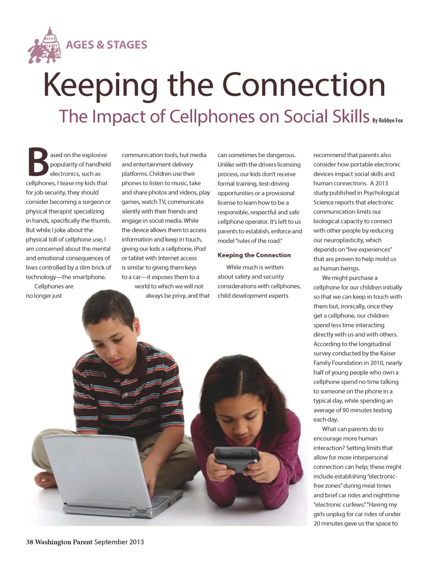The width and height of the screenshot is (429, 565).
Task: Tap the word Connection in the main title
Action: [x=303, y=84]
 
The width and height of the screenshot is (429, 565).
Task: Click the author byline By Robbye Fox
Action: [x=387, y=120]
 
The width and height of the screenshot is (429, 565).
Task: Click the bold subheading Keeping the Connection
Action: [x=254, y=255]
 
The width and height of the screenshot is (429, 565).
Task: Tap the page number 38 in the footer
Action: [x=29, y=542]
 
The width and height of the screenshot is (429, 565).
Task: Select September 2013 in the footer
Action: [x=119, y=542]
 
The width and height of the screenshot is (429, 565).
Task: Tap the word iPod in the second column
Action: [x=200, y=248]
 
